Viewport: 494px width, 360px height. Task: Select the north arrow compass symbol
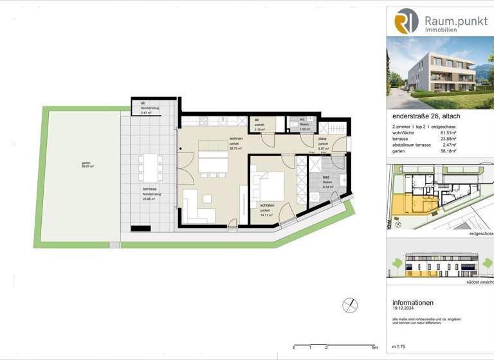click(351, 305)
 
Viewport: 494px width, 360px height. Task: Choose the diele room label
click(323, 143)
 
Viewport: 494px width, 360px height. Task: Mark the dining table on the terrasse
click(151, 168)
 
